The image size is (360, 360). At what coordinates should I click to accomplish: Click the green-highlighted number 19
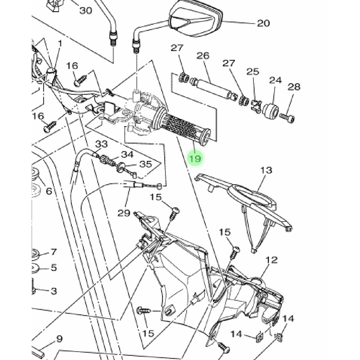(x=195, y=158)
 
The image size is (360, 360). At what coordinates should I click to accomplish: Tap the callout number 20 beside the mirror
(x=263, y=23)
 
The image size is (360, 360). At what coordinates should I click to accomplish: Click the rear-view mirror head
(x=195, y=18)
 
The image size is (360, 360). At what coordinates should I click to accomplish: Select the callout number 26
(x=203, y=56)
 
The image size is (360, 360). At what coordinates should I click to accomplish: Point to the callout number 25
(x=253, y=72)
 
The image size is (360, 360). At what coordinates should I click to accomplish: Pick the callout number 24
(x=276, y=80)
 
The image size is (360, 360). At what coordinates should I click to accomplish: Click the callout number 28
(x=294, y=87)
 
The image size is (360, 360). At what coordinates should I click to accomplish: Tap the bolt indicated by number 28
(x=288, y=118)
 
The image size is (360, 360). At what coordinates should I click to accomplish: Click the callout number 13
(x=266, y=171)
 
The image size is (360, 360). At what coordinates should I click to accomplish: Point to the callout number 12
(x=272, y=260)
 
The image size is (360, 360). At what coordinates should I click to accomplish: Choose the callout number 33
(x=102, y=144)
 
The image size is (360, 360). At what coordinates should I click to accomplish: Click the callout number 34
(x=127, y=155)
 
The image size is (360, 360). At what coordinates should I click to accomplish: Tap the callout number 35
(x=146, y=164)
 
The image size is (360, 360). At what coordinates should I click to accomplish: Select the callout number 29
(x=124, y=213)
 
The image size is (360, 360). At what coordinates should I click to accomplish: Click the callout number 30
(x=86, y=10)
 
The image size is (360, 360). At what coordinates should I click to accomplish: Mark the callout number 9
(x=59, y=339)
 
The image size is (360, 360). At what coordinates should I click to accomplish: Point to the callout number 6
(x=49, y=191)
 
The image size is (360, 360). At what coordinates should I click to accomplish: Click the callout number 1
(x=60, y=43)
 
